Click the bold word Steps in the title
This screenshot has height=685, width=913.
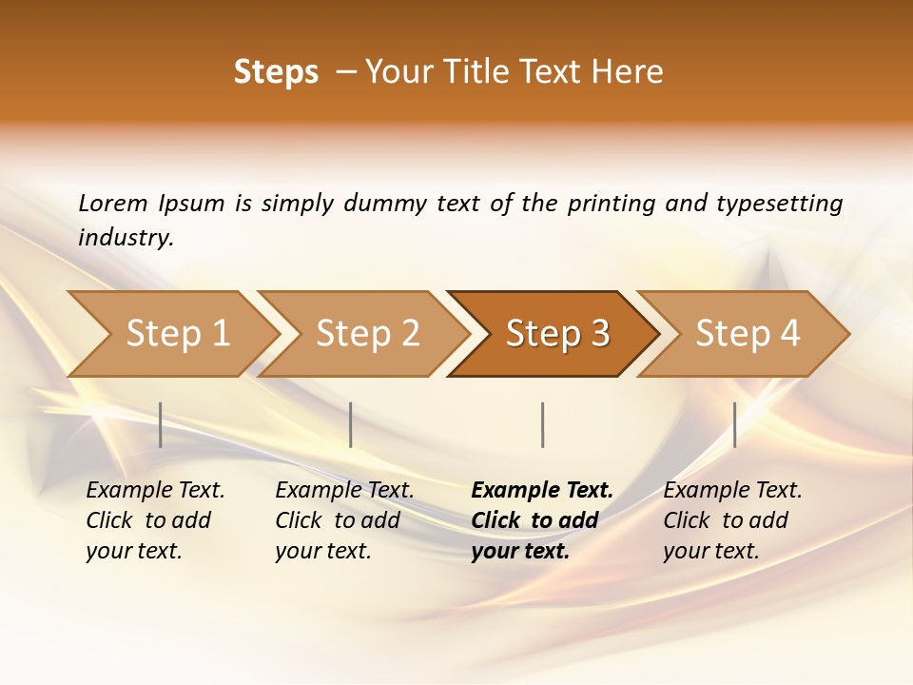coord(276,72)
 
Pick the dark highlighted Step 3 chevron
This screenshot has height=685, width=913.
coord(556,334)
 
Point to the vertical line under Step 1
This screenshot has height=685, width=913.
coord(161,424)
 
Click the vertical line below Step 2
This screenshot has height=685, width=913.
coord(351,424)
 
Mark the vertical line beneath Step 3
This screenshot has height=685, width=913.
coord(543,424)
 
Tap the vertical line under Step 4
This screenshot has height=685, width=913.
coord(735,424)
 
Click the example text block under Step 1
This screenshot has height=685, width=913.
coord(154,520)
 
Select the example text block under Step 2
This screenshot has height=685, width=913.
coord(343,520)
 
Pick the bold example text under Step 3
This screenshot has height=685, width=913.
coord(541,520)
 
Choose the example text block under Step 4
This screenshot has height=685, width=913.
coord(731,520)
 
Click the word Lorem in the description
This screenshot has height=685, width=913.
coord(113,203)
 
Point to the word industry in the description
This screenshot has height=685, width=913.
coord(125,238)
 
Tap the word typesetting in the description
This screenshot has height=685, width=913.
coord(779,204)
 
